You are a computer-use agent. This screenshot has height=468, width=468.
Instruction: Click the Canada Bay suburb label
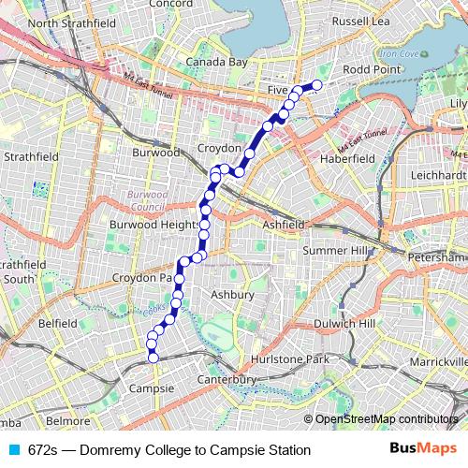[x=215, y=63]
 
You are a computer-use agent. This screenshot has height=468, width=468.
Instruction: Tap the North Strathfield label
[x=58, y=22]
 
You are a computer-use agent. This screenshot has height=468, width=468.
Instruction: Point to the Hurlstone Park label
[x=292, y=359]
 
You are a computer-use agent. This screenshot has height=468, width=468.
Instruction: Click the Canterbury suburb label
[x=227, y=379]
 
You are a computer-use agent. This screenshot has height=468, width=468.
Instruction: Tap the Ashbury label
[x=233, y=295]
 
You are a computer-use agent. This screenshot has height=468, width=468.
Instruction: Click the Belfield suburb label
[x=57, y=322]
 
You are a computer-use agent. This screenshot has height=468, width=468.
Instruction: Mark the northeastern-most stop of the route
[x=316, y=85]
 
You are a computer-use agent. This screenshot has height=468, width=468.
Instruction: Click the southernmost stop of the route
[x=154, y=358]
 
